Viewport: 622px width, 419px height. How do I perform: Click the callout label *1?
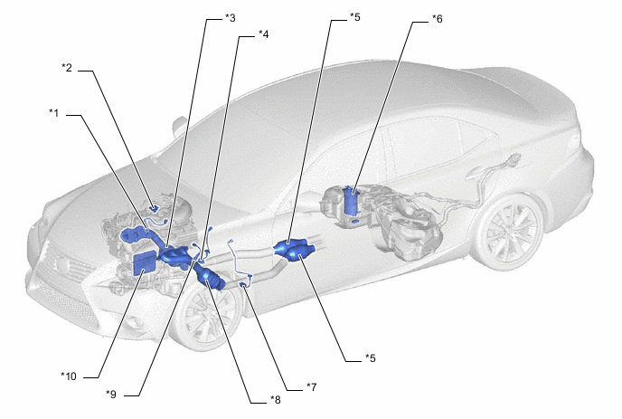pos(54,113)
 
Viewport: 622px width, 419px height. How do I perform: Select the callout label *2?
pos(67,68)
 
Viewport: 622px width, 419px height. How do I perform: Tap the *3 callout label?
pos(230,18)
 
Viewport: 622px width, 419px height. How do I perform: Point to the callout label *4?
pos(263,34)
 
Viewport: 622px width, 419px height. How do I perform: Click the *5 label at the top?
pos(355,17)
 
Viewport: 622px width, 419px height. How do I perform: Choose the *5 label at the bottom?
pos(371,358)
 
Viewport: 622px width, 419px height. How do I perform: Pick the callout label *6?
pos(437,19)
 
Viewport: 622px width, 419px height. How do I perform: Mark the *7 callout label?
pos(311,386)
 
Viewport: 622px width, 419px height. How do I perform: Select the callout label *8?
pos(276,399)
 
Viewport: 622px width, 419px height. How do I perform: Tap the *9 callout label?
pos(111,394)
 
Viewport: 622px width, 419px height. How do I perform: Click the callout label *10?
pos(69,376)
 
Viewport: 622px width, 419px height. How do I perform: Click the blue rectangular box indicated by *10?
pos(144,263)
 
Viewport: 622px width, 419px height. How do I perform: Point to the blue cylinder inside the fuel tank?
pos(351,202)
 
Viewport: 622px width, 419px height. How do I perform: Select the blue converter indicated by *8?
pos(209,276)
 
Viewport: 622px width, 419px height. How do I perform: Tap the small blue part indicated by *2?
pos(153,208)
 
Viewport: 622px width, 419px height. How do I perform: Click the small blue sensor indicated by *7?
pos(242,284)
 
